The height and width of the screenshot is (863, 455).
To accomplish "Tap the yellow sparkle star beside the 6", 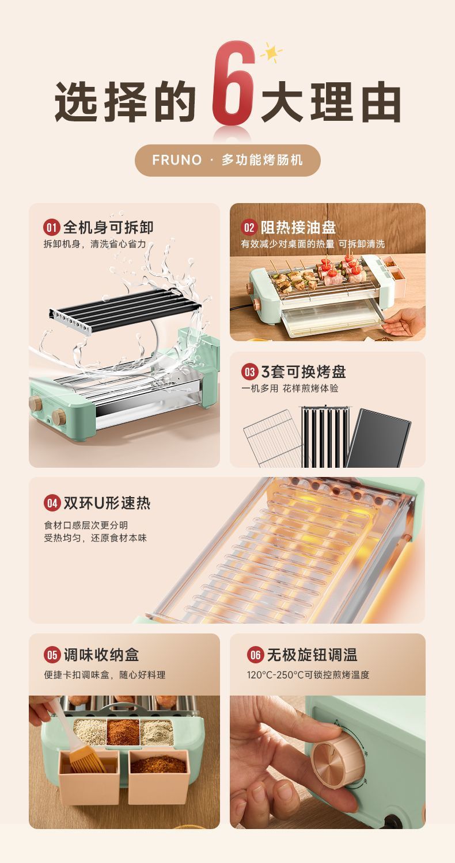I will (271, 53).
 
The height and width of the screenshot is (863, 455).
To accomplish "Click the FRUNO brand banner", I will (227, 160).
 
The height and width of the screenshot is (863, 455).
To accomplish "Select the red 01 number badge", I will (52, 227).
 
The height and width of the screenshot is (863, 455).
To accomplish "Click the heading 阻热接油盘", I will (298, 227).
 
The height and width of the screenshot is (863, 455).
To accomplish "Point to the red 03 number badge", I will (249, 372).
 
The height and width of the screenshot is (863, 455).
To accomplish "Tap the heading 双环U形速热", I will (107, 503).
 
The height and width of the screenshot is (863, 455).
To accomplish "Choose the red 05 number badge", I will (52, 655).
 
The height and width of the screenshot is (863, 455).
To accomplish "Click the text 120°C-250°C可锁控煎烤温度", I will (308, 674).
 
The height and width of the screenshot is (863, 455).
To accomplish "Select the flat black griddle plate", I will (379, 437).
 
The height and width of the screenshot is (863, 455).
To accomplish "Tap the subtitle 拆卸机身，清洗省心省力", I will (94, 245).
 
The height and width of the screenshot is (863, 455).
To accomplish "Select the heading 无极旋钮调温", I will (311, 655).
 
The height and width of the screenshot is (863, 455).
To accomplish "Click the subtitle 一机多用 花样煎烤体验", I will (290, 388).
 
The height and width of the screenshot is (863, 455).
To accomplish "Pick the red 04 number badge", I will (52, 503).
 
